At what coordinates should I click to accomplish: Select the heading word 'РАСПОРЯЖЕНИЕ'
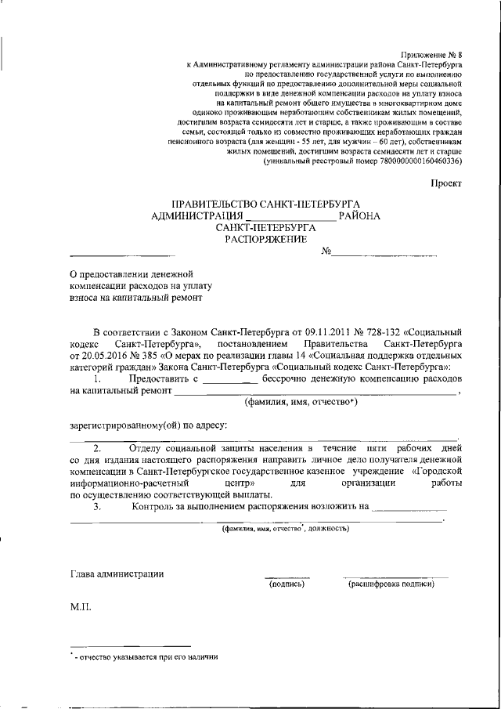(x=266, y=240)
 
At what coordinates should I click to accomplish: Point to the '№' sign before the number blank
(x=327, y=251)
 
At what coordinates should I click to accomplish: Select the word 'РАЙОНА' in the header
(x=360, y=215)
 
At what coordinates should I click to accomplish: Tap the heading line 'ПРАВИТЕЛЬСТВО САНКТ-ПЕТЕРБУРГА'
(x=266, y=203)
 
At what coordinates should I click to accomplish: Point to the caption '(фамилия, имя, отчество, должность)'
(x=283, y=529)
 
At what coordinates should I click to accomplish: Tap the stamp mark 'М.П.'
(x=81, y=608)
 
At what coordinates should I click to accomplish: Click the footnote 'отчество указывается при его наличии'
(x=146, y=657)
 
